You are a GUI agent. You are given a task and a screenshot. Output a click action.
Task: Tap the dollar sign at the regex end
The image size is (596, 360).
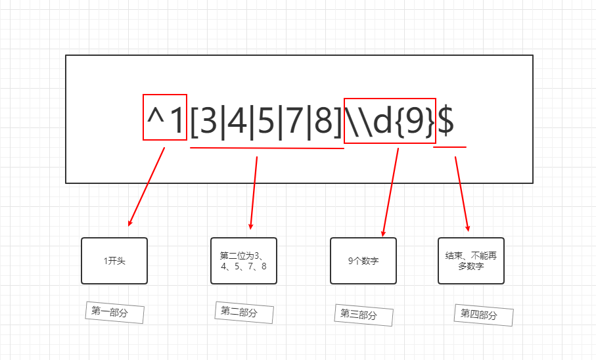pyautogui.click(x=446, y=119)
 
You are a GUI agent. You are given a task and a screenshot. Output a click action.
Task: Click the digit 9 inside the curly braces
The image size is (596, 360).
pyautogui.click(x=414, y=121)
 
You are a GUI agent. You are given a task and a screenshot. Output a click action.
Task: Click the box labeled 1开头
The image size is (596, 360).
pyautogui.click(x=114, y=261)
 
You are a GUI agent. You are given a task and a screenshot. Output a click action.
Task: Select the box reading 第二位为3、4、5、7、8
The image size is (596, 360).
pyautogui.click(x=244, y=261)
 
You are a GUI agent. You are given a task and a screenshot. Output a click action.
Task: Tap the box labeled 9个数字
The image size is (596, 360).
pyautogui.click(x=363, y=261)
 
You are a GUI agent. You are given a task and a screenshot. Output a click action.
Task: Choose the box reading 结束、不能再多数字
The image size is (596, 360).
pyautogui.click(x=471, y=261)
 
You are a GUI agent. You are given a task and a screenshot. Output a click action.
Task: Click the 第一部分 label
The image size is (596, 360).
pyautogui.click(x=114, y=312)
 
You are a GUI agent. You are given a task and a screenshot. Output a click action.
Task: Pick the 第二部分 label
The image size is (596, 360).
pyautogui.click(x=244, y=312)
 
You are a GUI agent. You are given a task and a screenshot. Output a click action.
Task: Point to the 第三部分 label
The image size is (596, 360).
pyautogui.click(x=363, y=315)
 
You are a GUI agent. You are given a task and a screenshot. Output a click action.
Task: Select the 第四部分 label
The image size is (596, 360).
pyautogui.click(x=483, y=315)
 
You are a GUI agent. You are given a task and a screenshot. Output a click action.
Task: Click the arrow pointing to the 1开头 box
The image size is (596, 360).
pyautogui.click(x=146, y=187)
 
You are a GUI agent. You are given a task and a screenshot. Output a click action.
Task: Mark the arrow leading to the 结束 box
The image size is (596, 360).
pyautogui.click(x=462, y=194)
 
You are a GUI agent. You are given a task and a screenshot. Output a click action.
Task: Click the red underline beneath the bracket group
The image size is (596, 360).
pyautogui.click(x=267, y=148)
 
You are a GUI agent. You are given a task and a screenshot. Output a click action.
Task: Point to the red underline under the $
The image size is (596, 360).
pyautogui.click(x=450, y=146)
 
